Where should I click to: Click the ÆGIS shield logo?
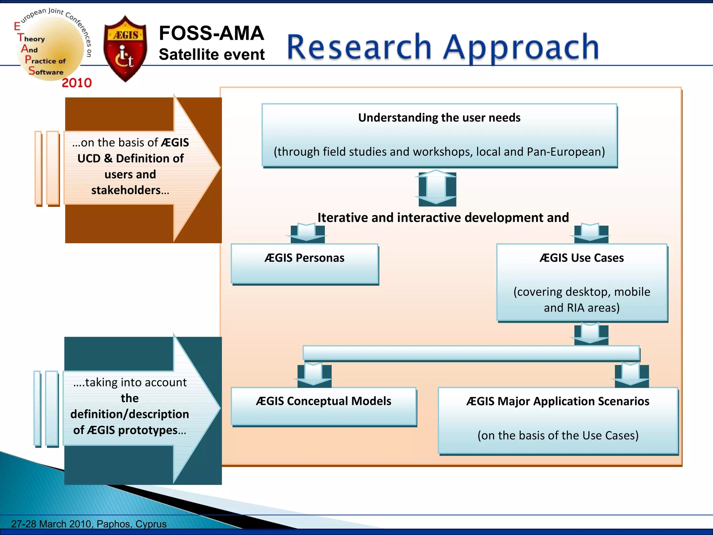click(x=125, y=48)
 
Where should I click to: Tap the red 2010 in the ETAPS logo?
click(x=77, y=83)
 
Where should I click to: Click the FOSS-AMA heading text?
click(x=211, y=33)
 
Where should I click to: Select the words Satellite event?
click(x=212, y=55)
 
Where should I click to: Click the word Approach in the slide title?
click(x=521, y=47)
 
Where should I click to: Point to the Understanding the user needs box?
click(x=439, y=135)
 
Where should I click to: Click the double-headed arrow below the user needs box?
click(x=436, y=188)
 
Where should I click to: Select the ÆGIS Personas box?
click(x=305, y=264)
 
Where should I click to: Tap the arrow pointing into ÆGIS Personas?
click(x=307, y=233)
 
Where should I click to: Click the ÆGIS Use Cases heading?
click(x=582, y=258)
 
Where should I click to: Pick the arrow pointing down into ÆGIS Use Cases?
click(x=591, y=233)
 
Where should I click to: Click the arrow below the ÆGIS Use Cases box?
click(x=591, y=333)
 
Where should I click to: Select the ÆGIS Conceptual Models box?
click(x=324, y=406)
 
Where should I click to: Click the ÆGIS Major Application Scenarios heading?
click(x=558, y=401)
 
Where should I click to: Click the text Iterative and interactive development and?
click(x=443, y=218)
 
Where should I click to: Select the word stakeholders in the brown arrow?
click(x=126, y=190)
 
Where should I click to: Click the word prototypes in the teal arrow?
click(x=148, y=430)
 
